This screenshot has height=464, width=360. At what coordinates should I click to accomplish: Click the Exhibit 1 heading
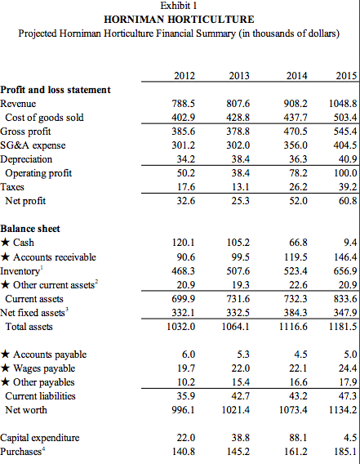(179, 7)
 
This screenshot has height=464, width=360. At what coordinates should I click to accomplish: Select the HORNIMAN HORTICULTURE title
(179, 19)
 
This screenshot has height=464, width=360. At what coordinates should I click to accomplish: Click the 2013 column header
(238, 76)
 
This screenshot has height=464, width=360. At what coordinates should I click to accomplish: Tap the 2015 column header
(346, 76)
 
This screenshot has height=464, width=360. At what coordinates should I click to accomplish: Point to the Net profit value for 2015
(346, 200)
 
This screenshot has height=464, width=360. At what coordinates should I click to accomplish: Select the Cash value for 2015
(350, 243)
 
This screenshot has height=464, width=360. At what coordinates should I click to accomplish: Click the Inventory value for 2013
(237, 270)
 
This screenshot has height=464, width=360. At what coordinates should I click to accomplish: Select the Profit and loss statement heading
(56, 90)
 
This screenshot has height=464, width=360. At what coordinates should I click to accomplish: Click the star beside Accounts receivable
(6, 257)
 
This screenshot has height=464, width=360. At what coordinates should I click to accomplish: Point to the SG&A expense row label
(33, 145)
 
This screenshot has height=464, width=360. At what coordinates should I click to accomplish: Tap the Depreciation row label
(29, 159)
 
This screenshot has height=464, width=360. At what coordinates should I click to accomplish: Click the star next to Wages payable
(6, 368)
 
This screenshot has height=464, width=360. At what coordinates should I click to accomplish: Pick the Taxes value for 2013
(238, 186)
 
